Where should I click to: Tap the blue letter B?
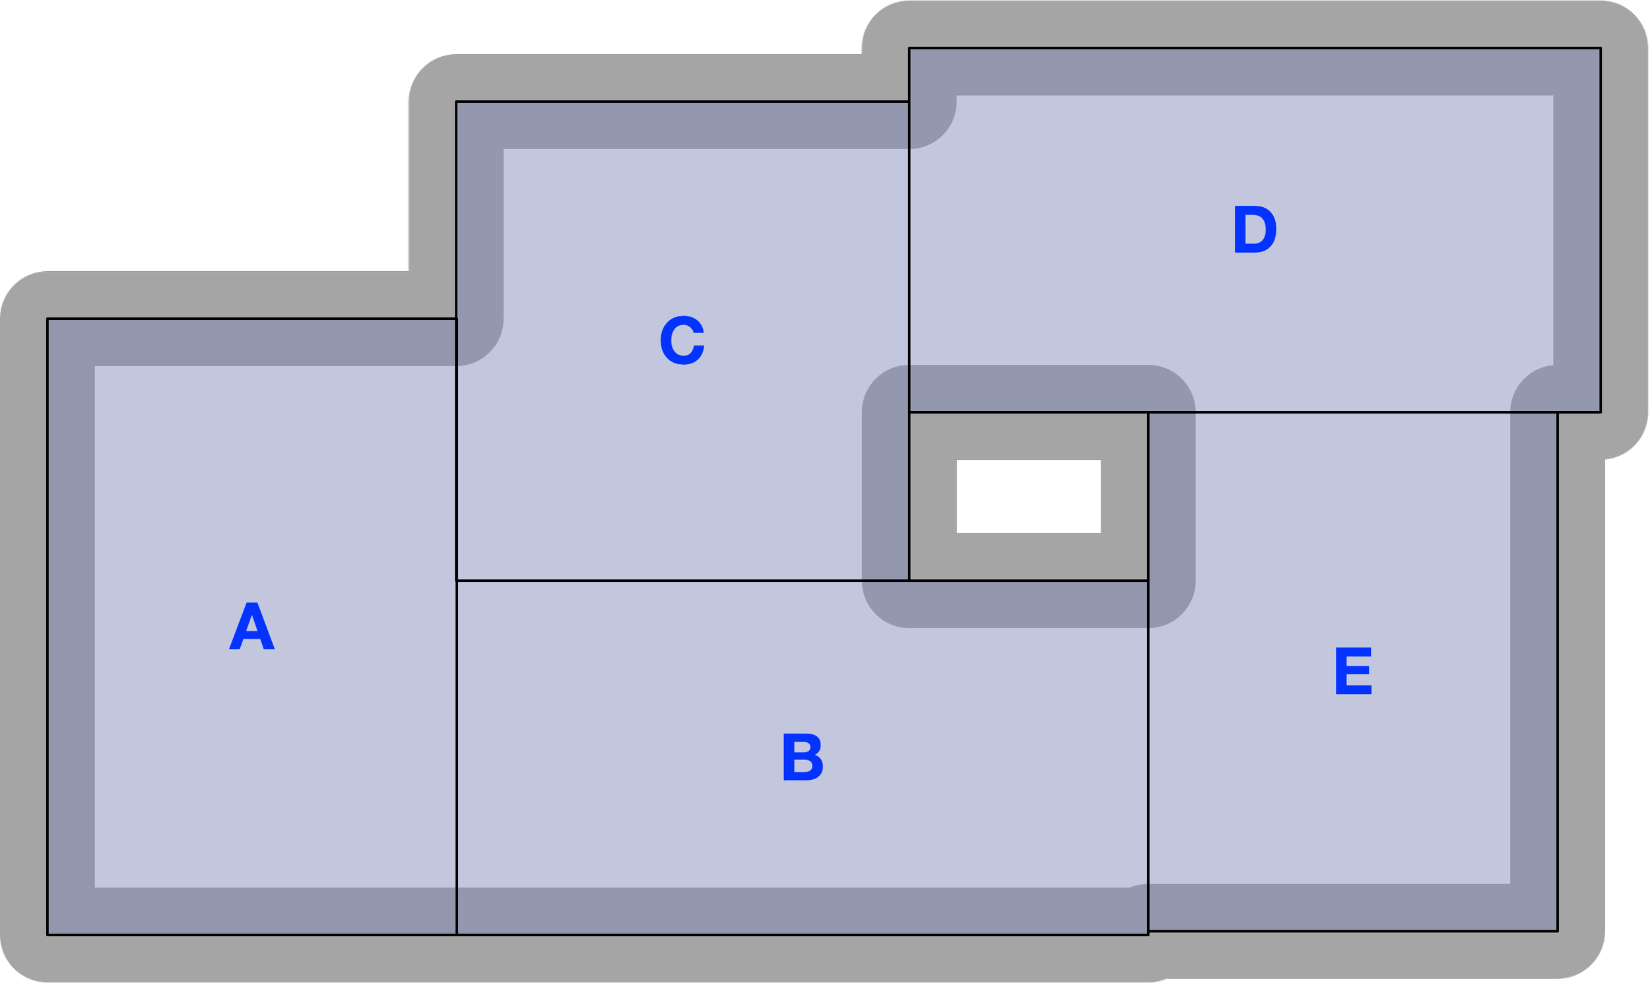803,757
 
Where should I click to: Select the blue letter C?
682,340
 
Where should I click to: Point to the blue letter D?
1255,229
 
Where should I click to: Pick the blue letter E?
1353,671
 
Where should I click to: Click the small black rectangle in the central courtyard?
1028,496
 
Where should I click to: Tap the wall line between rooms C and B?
682,581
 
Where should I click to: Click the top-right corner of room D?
1601,48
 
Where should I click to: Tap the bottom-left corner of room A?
48,935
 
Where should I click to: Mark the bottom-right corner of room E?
1558,931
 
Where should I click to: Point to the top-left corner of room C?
457,102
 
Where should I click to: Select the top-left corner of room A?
48,319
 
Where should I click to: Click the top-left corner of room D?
909,48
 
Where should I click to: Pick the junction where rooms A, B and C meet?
457,581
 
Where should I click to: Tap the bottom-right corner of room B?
1148,935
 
